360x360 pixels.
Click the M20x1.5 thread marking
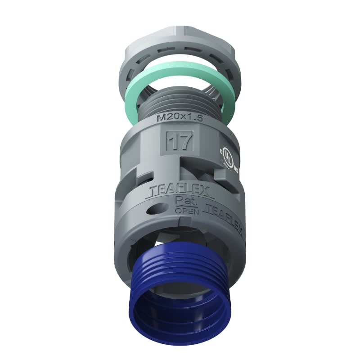pos(178,118)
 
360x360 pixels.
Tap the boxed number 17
pos(180,142)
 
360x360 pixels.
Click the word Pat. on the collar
pos(184,201)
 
